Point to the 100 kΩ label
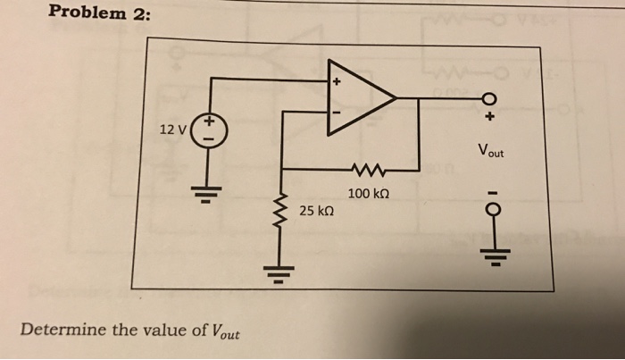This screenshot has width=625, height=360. (x=369, y=193)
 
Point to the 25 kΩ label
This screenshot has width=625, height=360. (x=317, y=212)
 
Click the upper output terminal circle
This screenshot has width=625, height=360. (x=490, y=98)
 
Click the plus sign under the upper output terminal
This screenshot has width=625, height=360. (x=491, y=116)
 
